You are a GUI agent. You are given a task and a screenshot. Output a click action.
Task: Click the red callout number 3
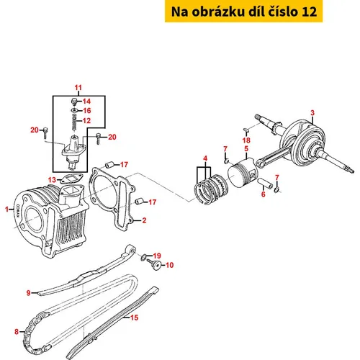coord(312,112)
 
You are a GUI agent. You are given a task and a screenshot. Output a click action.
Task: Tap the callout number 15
coord(135,318)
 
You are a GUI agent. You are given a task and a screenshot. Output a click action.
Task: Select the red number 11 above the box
coord(78,88)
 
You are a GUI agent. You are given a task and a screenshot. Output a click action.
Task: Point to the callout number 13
coord(52,180)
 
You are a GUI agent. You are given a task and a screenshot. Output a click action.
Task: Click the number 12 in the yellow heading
coord(309,12)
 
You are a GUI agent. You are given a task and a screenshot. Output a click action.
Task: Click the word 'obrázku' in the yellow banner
coord(219,12)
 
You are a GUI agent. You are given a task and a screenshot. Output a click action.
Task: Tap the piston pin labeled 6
coord(265,184)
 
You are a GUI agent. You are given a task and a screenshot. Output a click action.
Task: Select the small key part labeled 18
coord(246,130)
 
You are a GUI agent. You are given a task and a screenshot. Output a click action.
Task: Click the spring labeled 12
coord(74,122)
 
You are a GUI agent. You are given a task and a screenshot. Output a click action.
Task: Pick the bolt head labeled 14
coord(74,101)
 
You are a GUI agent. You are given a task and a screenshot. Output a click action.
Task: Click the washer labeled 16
coord(74,110)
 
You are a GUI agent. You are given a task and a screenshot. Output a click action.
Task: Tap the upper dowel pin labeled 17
coord(109,165)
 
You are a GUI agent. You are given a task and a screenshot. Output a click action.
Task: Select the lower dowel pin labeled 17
coord(139,201)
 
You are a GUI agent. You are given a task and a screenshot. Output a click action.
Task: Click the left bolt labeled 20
coord(45,132)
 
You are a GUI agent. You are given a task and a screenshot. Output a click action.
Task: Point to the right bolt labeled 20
coord(98,139)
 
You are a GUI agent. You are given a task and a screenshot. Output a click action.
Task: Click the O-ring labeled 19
coord(143,258)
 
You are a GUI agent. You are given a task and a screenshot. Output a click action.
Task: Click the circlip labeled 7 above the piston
coord(226,161)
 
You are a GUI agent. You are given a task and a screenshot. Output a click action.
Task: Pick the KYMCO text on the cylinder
coord(18,211)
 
